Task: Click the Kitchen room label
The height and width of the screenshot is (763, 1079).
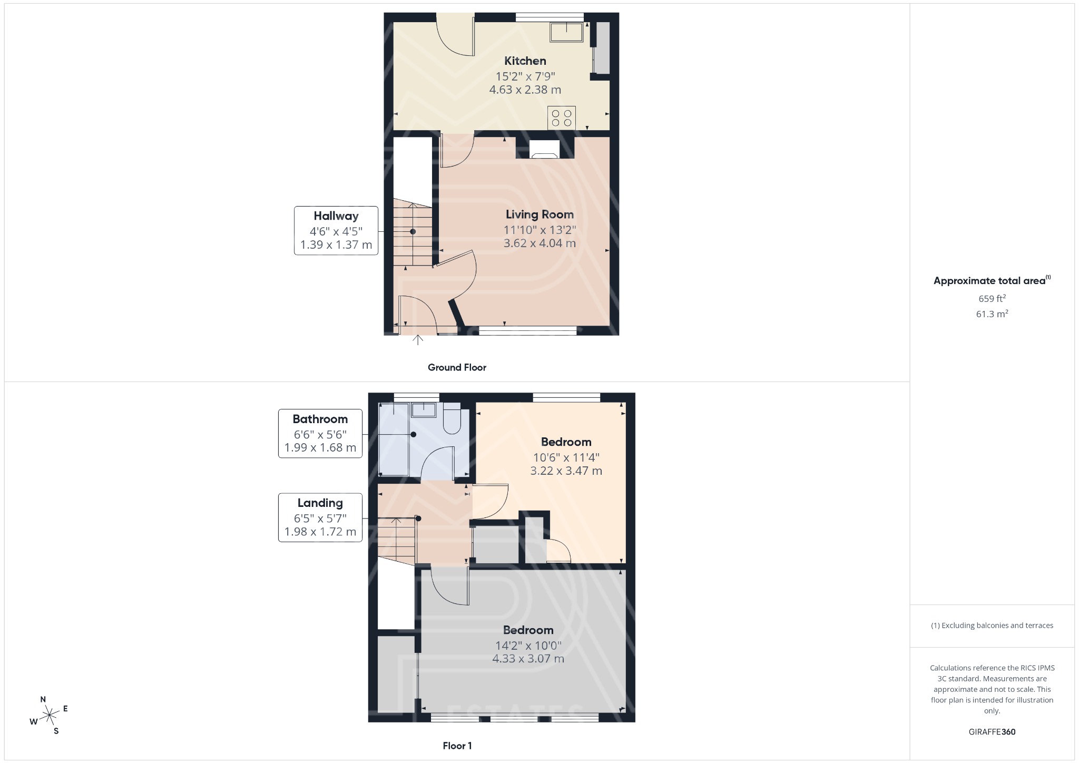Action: pos(525,61)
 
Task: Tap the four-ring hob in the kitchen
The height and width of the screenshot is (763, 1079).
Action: pos(561,118)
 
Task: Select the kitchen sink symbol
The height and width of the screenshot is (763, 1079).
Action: pos(566,32)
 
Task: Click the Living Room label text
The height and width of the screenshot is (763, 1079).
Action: pos(539,214)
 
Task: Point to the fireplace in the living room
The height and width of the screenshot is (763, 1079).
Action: pos(544,149)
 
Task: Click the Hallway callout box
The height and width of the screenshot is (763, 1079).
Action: pos(336,230)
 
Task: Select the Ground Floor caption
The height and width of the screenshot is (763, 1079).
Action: pos(457,367)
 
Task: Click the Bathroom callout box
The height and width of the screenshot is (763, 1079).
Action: pos(320,433)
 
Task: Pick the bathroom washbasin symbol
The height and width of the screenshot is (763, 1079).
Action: pos(423,410)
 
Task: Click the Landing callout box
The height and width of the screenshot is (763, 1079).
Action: pos(320,517)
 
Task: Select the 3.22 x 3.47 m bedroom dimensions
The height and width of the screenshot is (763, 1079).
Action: pos(566,471)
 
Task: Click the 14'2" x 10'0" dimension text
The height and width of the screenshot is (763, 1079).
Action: pos(528,645)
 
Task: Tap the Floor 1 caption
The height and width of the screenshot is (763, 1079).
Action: pos(457,746)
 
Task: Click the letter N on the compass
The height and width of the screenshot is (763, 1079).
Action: pos(43,700)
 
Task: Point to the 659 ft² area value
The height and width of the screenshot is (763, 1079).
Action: pos(992,298)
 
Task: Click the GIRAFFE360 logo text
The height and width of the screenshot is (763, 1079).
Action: pos(992,732)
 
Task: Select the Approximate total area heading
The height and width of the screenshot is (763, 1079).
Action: pos(989,281)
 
